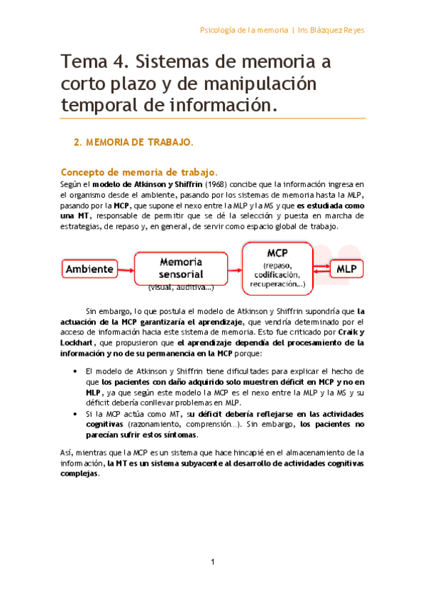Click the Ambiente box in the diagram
tap(90, 269)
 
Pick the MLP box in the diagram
tap(346, 269)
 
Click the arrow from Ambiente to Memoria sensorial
tap(126, 269)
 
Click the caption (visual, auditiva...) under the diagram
tap(181, 288)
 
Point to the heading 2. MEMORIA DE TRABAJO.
tap(133, 142)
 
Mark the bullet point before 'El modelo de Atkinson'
tap(75, 371)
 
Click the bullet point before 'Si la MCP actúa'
tap(75, 412)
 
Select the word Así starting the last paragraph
tap(67, 452)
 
